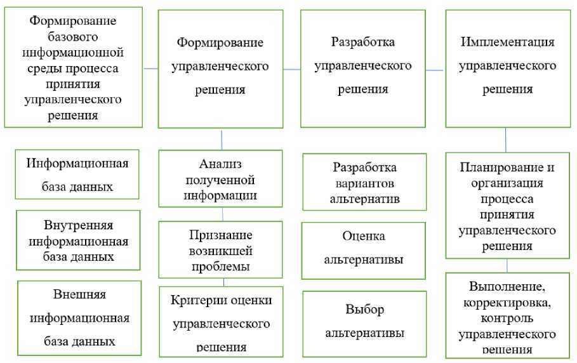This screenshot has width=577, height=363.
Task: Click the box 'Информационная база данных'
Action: pyautogui.click(x=77, y=174)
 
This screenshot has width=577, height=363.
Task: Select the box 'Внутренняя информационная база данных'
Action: pyautogui.click(x=77, y=241)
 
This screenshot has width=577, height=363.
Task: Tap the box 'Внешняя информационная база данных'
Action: pyautogui.click(x=79, y=317)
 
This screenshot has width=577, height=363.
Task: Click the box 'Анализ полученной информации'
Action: pyautogui.click(x=220, y=180)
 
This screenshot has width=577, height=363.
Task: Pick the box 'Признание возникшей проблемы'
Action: pyautogui.click(x=220, y=249)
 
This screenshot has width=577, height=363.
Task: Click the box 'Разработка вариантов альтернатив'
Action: pyautogui.click(x=364, y=183)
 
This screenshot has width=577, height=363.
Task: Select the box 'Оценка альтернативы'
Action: pyautogui.click(x=364, y=250)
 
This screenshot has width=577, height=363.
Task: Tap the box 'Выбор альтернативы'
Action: pyautogui.click(x=364, y=323)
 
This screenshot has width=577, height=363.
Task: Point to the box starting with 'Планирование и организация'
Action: pyautogui.click(x=507, y=206)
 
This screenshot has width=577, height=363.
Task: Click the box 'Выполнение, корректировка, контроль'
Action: pyautogui.click(x=507, y=314)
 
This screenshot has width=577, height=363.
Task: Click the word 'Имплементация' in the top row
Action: pyautogui.click(x=507, y=42)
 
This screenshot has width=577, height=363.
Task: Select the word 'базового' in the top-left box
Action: pyautogui.click(x=73, y=36)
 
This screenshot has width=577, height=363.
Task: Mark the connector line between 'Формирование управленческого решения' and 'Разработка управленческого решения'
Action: pyautogui.click(x=292, y=69)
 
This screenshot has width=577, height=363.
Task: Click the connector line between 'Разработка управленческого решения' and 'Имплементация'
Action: pyautogui.click(x=435, y=70)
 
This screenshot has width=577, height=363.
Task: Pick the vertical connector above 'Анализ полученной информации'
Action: pyautogui.click(x=221, y=139)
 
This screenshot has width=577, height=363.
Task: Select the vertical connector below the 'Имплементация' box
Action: pyautogui.click(x=506, y=139)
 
